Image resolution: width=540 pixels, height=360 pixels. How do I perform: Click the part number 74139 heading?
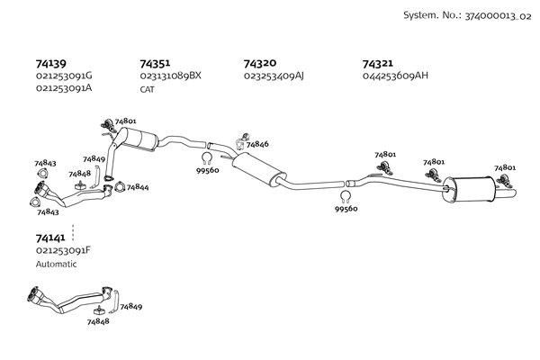click(x=50, y=64)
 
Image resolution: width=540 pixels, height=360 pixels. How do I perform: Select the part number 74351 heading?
click(x=155, y=64)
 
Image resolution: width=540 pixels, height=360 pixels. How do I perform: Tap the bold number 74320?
click(x=259, y=64)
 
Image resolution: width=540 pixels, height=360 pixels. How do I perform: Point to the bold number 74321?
click(x=377, y=64)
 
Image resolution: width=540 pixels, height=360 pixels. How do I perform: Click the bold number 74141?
click(x=50, y=238)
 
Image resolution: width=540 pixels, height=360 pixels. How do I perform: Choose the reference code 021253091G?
click(x=64, y=76)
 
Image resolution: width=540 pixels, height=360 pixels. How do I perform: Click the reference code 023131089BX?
click(x=170, y=76)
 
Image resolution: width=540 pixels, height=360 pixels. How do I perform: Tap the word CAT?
click(x=148, y=88)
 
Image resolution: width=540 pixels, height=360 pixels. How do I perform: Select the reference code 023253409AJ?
click(x=274, y=76)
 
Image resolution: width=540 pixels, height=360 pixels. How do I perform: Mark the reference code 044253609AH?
click(x=395, y=76)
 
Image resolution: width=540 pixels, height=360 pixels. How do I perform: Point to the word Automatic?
click(x=56, y=265)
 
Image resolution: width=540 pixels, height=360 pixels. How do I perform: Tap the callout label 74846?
click(x=257, y=144)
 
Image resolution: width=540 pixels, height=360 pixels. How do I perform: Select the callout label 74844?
click(x=138, y=187)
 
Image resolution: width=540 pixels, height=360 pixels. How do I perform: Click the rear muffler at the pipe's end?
click(x=469, y=188)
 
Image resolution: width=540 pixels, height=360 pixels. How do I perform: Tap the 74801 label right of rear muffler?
click(x=505, y=167)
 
